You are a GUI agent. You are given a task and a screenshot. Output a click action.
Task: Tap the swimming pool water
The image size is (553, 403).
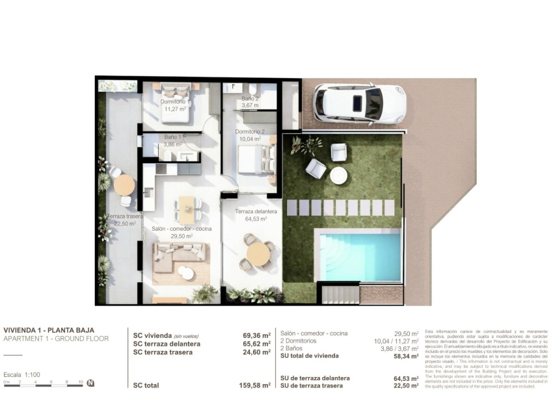click(x=364, y=256)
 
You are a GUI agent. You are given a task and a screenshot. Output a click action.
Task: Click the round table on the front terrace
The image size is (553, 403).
click(x=259, y=253)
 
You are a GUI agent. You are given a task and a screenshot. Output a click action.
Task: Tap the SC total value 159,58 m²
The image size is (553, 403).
click(x=255, y=385)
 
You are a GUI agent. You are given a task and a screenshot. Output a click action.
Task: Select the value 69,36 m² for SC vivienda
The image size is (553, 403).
click(x=256, y=336)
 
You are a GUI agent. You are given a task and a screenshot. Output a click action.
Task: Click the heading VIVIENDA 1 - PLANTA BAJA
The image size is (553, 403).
click(x=49, y=330)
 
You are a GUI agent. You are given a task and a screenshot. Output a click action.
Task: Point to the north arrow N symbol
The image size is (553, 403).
click(x=91, y=383)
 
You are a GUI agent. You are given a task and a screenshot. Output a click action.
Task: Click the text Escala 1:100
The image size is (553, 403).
click(x=22, y=375)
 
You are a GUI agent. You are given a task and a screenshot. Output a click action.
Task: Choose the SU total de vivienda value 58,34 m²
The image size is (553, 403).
click(x=404, y=356)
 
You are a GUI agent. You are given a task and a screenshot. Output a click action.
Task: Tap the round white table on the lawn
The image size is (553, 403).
click(x=339, y=175)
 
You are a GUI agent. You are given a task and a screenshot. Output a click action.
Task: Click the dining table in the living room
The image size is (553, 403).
click(x=187, y=205)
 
